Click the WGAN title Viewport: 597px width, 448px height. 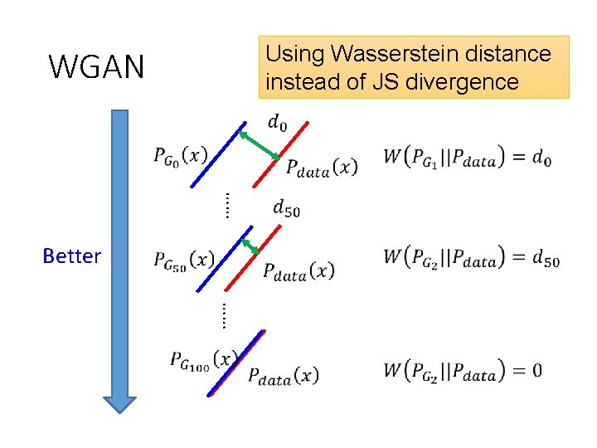pos(96,66)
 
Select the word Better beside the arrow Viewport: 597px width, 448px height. pos(71,256)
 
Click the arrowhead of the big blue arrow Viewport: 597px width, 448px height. pos(120,402)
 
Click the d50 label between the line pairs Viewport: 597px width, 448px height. pos(286,207)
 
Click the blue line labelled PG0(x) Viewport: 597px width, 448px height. pos(217,155)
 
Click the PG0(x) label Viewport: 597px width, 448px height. pos(180,155)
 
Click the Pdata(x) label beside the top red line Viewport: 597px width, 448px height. pos(322,167)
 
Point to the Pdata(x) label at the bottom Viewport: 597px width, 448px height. pos(283,375)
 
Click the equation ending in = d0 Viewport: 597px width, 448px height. pos(468,157)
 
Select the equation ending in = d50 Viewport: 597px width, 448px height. pos(471,258)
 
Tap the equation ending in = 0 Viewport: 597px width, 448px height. pos(463,369)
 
